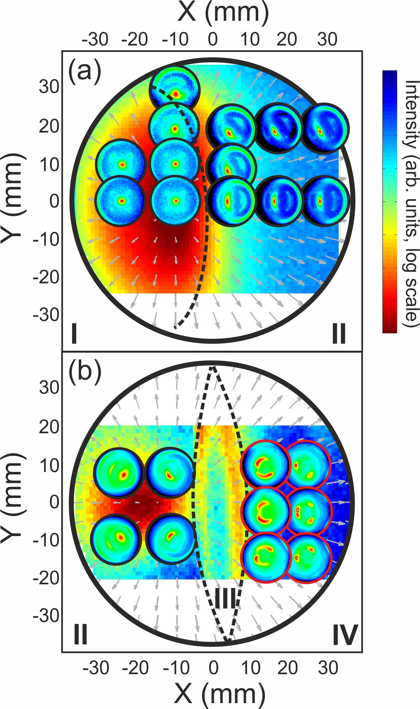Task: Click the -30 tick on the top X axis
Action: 95,39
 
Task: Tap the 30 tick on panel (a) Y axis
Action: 49,87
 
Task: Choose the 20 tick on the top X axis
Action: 287,39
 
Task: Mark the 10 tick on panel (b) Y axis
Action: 49,465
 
